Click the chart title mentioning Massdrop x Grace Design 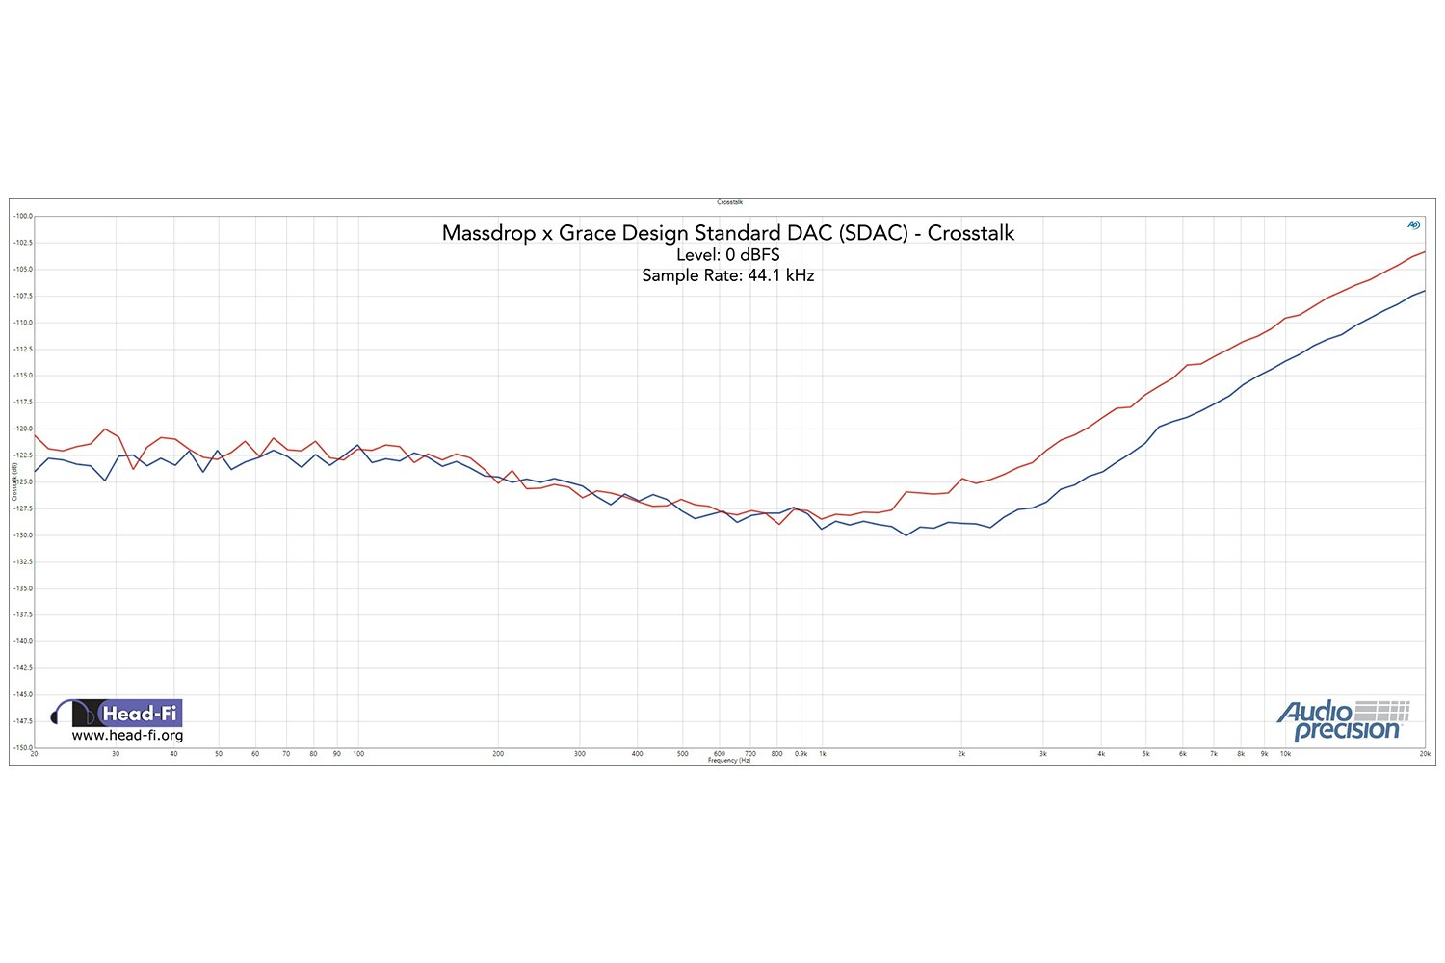727,233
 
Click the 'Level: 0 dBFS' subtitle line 727,255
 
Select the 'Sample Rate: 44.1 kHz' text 727,275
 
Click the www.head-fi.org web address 127,736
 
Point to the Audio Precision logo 1343,720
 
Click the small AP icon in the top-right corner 1413,225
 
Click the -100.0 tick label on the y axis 23,216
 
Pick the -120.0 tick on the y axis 23,429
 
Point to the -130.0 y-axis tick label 23,534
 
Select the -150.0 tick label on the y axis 23,747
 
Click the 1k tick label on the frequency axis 823,754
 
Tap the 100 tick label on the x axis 358,754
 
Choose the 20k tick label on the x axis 1424,754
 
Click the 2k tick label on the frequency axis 961,754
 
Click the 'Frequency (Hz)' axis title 729,761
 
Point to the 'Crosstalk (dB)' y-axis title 14,481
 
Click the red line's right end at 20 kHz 1424,252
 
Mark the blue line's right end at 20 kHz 1424,291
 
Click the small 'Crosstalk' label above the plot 729,202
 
